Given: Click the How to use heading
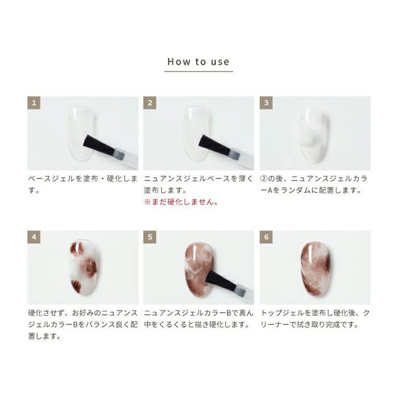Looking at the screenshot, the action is tap(198, 61).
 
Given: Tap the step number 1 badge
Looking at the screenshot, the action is tap(34, 103).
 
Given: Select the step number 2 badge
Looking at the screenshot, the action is tap(150, 103).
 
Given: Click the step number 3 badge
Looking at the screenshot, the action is tap(266, 103).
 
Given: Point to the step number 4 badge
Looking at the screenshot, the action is tap(34, 237).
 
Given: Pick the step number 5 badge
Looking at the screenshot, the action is tap(150, 237).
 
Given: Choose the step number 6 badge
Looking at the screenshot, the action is tap(266, 237).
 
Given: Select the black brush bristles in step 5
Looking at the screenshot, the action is tap(222, 280).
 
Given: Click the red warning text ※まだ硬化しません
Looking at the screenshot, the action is tap(181, 202).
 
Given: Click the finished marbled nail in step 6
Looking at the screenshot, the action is tap(316, 269).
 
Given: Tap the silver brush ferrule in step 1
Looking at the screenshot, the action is tap(119, 154).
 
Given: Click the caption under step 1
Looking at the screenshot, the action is tap(83, 184).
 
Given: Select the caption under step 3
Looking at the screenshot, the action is tap(314, 184).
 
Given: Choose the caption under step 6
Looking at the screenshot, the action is tap(315, 318).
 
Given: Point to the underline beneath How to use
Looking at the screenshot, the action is tap(198, 72).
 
